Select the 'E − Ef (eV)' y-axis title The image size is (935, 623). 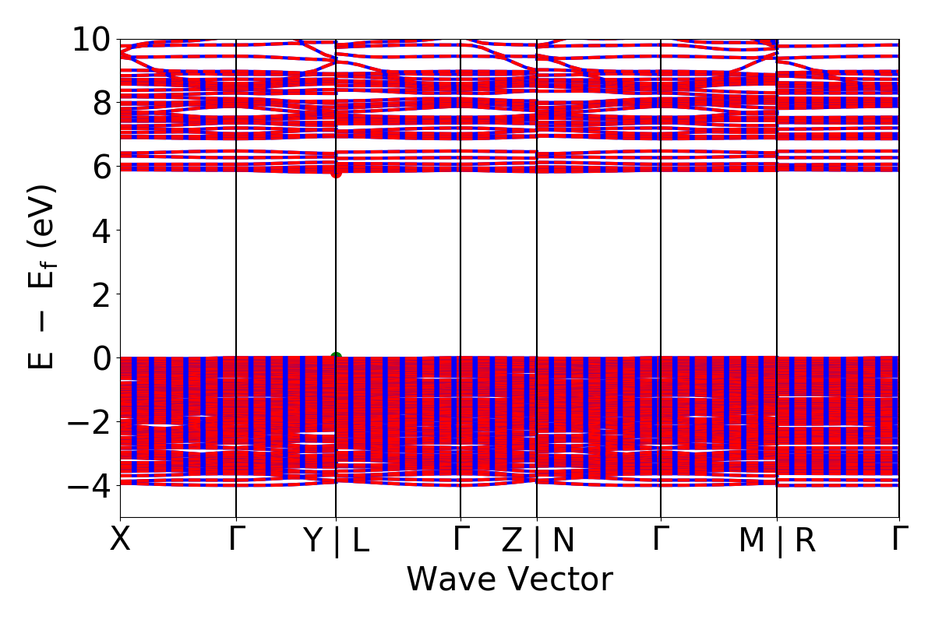click(x=44, y=276)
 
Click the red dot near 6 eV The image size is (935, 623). click(x=336, y=172)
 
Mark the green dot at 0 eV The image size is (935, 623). click(x=336, y=357)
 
